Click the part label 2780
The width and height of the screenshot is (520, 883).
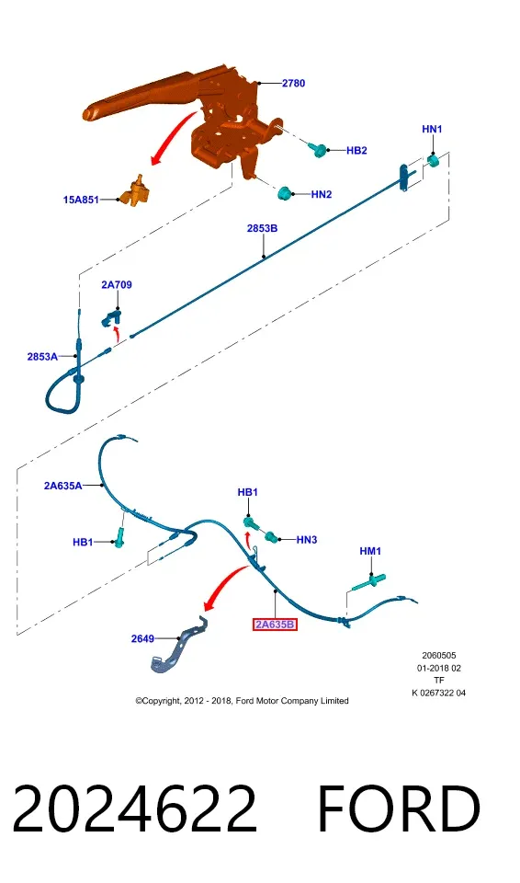tap(293, 84)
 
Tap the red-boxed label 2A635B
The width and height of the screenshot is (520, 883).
tap(275, 624)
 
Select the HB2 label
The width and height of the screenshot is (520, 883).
tap(356, 150)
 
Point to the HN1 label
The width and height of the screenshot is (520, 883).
tap(432, 129)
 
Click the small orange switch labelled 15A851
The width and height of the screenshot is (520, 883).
tap(136, 191)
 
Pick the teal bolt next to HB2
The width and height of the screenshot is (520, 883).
tap(318, 149)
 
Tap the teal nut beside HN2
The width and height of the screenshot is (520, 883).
tap(286, 192)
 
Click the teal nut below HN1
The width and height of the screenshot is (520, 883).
tap(434, 161)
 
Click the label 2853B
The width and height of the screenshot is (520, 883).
tap(262, 228)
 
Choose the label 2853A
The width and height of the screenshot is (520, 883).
tap(42, 357)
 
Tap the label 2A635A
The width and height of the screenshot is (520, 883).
tap(63, 486)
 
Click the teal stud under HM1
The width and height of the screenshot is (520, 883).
tap(369, 581)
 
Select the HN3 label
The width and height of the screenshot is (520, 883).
tap(307, 540)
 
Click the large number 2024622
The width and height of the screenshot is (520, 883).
tap(134, 808)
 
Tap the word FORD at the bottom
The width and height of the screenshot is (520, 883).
tap(399, 808)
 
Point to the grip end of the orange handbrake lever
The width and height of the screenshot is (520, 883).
tap(93, 112)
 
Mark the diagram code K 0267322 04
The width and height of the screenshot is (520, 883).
tap(439, 693)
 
